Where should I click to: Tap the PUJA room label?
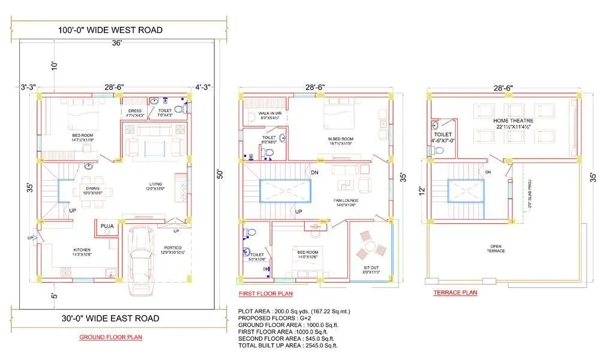point(107,226)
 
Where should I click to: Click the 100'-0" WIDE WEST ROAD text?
point(110,30)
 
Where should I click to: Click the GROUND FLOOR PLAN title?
point(110,337)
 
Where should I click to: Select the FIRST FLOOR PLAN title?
point(266,293)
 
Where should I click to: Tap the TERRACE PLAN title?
point(455,293)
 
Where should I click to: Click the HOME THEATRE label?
point(515,121)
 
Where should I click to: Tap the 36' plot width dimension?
point(116,43)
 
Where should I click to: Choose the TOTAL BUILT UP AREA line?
point(288,345)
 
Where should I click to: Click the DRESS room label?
point(135,111)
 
